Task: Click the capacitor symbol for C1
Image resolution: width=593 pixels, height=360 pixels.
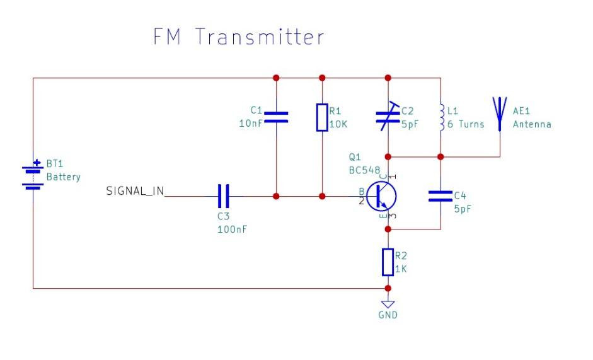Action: click(275, 117)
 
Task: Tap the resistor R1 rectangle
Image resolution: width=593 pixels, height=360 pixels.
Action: click(322, 117)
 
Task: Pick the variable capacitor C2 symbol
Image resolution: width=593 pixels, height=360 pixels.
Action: click(389, 117)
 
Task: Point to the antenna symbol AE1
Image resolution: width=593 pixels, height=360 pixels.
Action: click(500, 113)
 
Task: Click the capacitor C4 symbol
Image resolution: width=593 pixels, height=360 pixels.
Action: click(440, 196)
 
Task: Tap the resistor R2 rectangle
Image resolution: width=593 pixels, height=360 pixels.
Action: click(388, 262)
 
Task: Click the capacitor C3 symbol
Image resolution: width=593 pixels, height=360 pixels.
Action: click(223, 196)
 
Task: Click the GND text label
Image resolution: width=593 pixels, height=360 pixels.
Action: click(388, 315)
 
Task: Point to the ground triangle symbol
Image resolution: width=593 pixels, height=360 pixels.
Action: click(388, 303)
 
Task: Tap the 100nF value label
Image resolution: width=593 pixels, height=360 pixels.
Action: click(232, 229)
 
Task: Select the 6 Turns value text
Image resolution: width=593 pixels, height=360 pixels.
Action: click(466, 124)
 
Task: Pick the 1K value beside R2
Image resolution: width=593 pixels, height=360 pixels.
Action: click(401, 268)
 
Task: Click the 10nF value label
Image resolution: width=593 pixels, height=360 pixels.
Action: click(251, 124)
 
